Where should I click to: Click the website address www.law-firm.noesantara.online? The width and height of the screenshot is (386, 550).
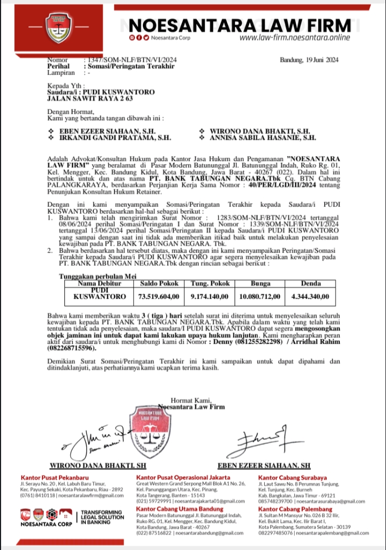294,38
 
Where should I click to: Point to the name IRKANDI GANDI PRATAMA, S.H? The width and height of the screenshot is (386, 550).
113,138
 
